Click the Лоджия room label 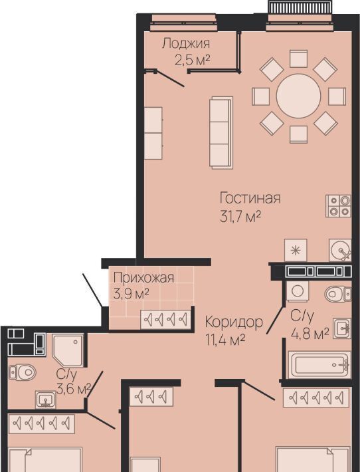(x=186, y=44)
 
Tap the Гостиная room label (x=250, y=198)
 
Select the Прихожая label (x=143, y=277)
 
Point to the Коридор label (x=234, y=322)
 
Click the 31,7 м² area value (x=240, y=217)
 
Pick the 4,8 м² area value (x=310, y=334)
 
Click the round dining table (x=298, y=96)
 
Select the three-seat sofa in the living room (x=221, y=133)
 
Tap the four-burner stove (x=338, y=206)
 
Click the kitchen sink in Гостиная (x=340, y=250)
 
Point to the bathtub (x=319, y=365)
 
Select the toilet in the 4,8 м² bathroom (x=337, y=294)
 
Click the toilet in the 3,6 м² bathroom (x=23, y=372)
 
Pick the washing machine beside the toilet (x=298, y=291)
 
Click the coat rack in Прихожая (x=165, y=319)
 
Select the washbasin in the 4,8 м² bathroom (x=342, y=328)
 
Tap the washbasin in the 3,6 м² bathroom (x=45, y=400)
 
